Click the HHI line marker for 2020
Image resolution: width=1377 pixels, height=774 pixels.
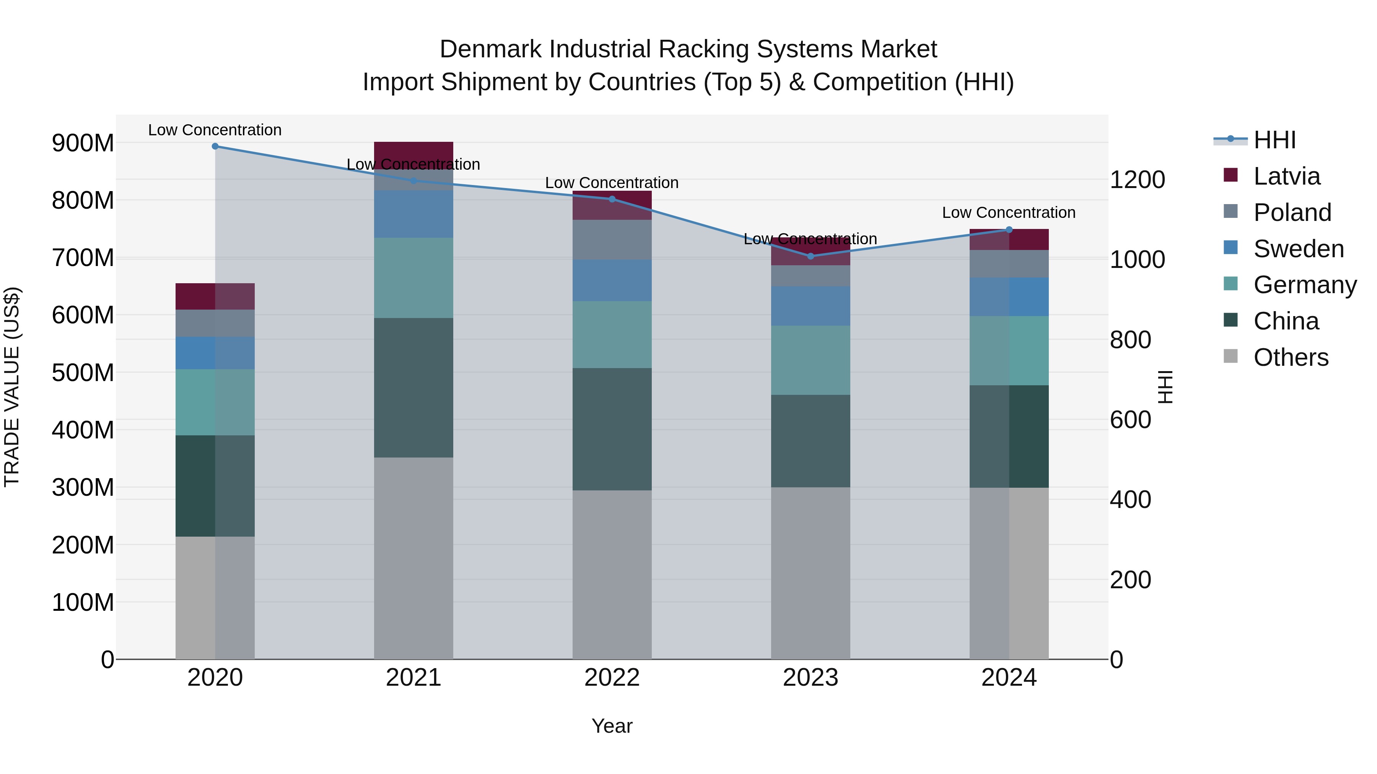point(215,146)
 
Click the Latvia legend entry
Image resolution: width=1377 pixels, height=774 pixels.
point(1286,176)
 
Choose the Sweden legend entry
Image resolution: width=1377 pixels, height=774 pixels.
point(1298,249)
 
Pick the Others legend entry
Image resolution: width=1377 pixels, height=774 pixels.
point(1291,357)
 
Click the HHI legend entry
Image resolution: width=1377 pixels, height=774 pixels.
point(1274,140)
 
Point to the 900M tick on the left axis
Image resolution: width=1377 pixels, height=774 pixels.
point(83,143)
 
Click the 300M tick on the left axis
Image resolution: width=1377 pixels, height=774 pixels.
point(83,487)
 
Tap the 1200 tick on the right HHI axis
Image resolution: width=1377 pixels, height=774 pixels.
point(1138,180)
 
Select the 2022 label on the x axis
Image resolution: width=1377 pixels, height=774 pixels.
point(612,678)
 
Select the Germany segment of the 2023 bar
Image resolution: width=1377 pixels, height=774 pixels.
point(811,360)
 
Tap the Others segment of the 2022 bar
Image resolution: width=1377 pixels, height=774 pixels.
point(612,574)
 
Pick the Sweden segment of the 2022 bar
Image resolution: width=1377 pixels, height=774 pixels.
point(612,281)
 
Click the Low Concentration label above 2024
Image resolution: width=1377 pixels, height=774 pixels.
point(1009,213)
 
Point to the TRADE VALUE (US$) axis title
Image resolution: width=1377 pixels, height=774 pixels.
point(12,387)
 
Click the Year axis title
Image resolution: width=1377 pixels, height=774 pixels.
point(612,726)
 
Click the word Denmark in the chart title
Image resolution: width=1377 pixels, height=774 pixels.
point(491,49)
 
